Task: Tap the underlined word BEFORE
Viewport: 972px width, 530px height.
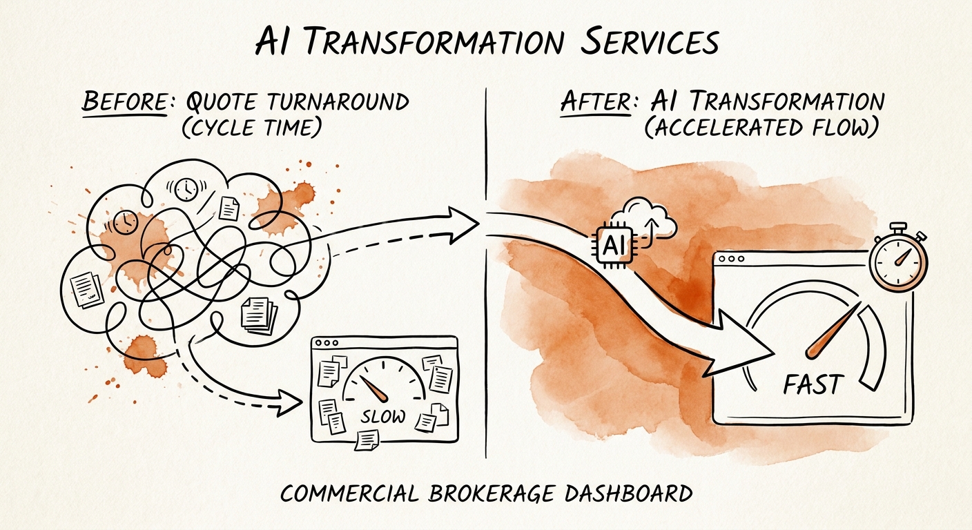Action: [x=125, y=101]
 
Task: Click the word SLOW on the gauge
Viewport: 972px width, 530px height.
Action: [x=382, y=416]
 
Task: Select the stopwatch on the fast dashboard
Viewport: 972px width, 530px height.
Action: [x=897, y=259]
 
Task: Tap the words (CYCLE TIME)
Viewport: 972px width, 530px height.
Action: [x=252, y=128]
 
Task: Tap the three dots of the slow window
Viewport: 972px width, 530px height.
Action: [x=327, y=342]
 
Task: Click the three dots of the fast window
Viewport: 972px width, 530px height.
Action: [x=732, y=259]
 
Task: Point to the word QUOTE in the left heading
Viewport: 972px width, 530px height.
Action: [x=221, y=101]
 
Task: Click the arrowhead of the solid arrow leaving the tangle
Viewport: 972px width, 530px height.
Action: [x=463, y=224]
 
